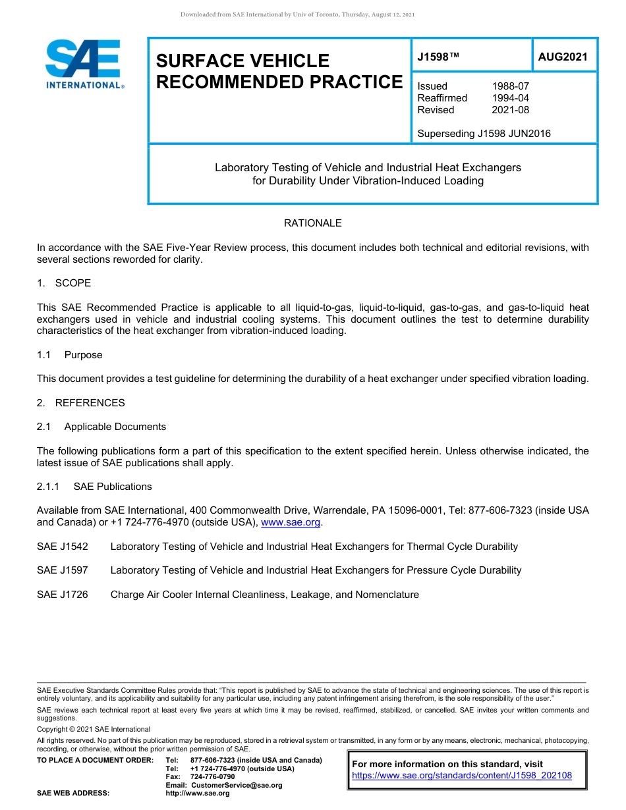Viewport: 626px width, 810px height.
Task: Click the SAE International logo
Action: pyautogui.click(x=84, y=64)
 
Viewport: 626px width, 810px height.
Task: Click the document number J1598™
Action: pyautogui.click(x=438, y=57)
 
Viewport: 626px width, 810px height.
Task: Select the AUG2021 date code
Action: pyautogui.click(x=562, y=57)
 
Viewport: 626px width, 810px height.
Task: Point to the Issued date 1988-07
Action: pyautogui.click(x=510, y=86)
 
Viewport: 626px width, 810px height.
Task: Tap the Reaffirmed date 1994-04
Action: pyautogui.click(x=510, y=98)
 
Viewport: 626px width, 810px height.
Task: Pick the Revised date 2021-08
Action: pyautogui.click(x=510, y=110)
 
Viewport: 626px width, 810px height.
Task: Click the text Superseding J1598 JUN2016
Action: pyautogui.click(x=484, y=134)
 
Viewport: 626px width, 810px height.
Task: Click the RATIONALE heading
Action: pyautogui.click(x=312, y=223)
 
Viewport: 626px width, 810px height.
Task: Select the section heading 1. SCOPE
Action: pyautogui.click(x=64, y=283)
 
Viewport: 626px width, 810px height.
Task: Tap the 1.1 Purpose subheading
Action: pyautogui.click(x=70, y=355)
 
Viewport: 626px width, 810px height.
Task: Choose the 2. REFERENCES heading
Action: pyautogui.click(x=80, y=403)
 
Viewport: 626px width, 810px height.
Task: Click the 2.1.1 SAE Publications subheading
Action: pyautogui.click(x=94, y=487)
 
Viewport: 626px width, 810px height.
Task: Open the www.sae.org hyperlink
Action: pyautogui.click(x=291, y=523)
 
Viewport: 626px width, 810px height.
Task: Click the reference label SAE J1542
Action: pyautogui.click(x=63, y=547)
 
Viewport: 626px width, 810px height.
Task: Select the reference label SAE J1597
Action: pyautogui.click(x=63, y=570)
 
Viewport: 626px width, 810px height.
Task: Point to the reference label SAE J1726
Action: pyautogui.click(x=63, y=595)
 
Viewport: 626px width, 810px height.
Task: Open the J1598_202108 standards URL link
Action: pyautogui.click(x=462, y=776)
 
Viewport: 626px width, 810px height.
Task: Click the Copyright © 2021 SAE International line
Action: pyautogui.click(x=94, y=729)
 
